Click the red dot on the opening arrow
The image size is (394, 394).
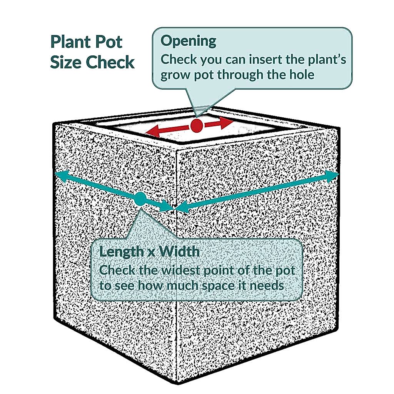point(196,126)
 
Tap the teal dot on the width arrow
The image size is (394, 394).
point(140,199)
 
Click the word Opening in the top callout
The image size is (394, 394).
point(189,41)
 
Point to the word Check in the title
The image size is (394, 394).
point(110,62)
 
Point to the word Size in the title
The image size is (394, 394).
point(66,62)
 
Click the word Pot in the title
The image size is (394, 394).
point(111,42)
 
